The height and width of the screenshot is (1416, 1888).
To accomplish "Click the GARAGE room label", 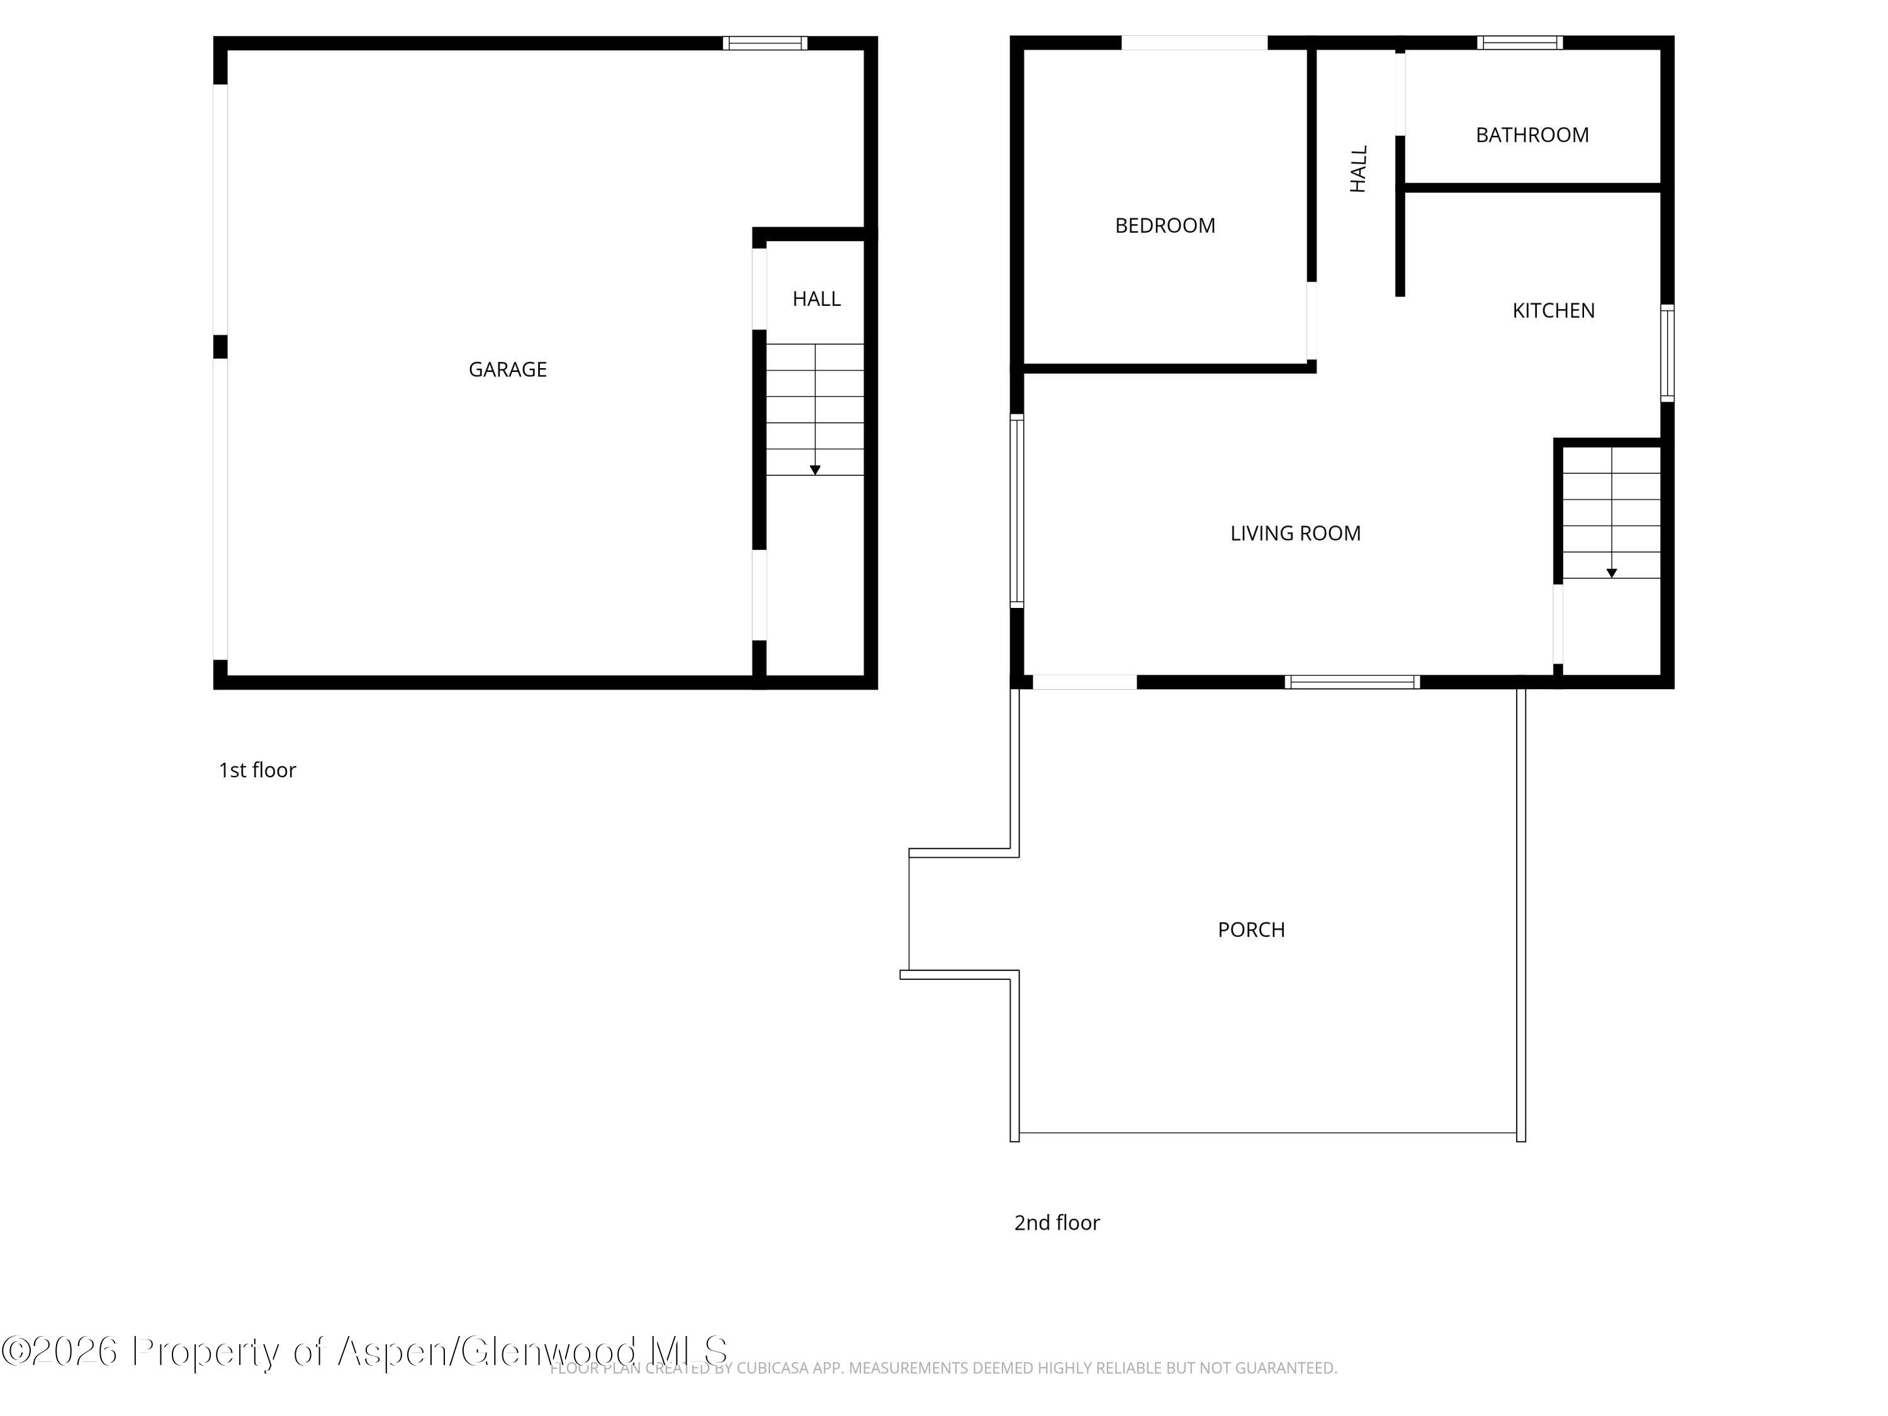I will pyautogui.click(x=507, y=369).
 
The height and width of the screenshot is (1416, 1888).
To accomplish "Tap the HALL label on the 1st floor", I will pyautogui.click(x=816, y=299).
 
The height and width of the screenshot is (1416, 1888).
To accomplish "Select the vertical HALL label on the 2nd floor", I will pyautogui.click(x=1358, y=169).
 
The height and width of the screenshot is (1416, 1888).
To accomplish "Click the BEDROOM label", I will pyautogui.click(x=1164, y=225).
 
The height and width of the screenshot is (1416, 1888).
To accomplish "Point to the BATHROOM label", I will pyautogui.click(x=1531, y=135).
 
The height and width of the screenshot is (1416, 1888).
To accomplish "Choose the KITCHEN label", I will pyautogui.click(x=1553, y=311).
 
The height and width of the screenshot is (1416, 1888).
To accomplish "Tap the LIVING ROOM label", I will pyautogui.click(x=1295, y=534).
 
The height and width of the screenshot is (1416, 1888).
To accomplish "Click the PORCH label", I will pyautogui.click(x=1250, y=930).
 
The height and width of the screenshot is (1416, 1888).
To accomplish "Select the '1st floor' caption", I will pyautogui.click(x=257, y=770).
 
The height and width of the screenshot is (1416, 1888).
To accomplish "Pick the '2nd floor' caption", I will pyautogui.click(x=1056, y=1222).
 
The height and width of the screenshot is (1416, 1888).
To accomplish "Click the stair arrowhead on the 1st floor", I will pyautogui.click(x=815, y=470).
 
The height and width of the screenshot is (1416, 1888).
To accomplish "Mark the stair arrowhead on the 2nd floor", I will pyautogui.click(x=1612, y=573).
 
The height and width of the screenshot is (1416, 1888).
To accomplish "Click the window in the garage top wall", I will pyautogui.click(x=765, y=43).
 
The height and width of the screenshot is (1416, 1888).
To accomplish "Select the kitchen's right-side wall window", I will pyautogui.click(x=1667, y=353).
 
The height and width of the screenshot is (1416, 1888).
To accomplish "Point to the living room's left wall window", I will pyautogui.click(x=1016, y=511).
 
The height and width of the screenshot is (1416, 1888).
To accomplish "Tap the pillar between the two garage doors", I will pyautogui.click(x=220, y=347).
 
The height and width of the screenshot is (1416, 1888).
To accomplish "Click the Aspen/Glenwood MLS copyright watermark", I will pyautogui.click(x=365, y=1351).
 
